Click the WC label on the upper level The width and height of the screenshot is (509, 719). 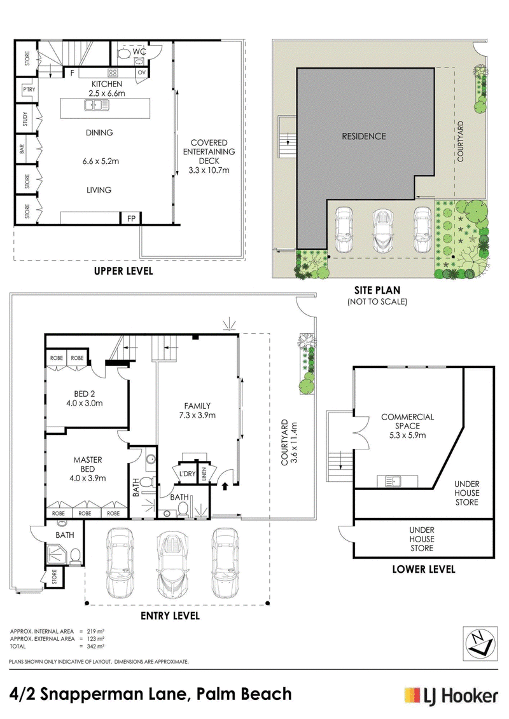(139, 51)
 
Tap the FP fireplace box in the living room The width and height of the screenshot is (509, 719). (131, 218)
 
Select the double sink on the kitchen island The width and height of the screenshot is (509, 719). (96, 106)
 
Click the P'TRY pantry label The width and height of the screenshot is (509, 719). (29, 90)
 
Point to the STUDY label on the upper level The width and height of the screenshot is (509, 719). (25, 120)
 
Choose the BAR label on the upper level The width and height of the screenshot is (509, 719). (22, 149)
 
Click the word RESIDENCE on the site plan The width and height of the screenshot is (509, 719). (363, 136)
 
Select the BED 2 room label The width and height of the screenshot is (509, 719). (85, 394)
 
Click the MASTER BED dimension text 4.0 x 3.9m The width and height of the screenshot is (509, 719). (88, 478)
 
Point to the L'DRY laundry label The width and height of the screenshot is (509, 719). (187, 474)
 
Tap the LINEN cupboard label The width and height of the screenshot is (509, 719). (204, 474)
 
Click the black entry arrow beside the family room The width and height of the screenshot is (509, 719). (225, 486)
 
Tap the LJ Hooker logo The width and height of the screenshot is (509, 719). (450, 695)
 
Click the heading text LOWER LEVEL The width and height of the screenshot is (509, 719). (424, 570)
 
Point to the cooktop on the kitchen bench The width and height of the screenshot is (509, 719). (113, 72)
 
